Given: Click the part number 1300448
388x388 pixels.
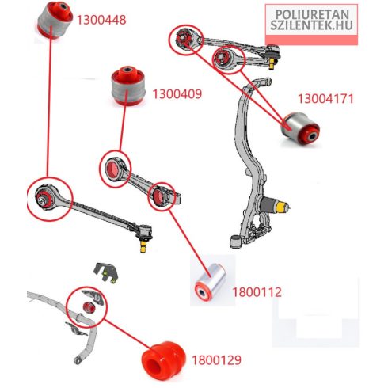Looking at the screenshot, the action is pos(101,20).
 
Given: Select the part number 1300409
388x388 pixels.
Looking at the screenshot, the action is pos(177,94).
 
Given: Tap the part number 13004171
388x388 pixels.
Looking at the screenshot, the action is pos(325,99).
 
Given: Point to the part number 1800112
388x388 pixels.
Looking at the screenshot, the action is pos(257,292).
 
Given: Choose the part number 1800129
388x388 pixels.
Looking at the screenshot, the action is pos(216,360).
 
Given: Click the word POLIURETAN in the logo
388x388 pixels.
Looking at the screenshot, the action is pos(312,14).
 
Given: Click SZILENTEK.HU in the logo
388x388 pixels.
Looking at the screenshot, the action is pos(311,25).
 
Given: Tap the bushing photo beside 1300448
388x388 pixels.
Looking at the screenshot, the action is pos(55,20).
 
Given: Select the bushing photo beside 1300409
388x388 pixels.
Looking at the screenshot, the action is pos(128,86).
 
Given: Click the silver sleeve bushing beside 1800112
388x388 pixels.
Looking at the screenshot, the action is pos(211,282).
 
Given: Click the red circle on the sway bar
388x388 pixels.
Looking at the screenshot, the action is pos(87,307).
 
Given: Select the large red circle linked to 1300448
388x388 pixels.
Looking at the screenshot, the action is pos(50,199).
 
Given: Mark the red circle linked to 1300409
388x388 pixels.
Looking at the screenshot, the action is pos(115,169).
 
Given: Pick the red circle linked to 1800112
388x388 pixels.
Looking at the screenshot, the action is pos(162,196).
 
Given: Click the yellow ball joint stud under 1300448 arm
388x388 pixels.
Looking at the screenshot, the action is pos(143,246).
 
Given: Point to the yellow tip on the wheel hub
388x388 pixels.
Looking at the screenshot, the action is pos(283,207).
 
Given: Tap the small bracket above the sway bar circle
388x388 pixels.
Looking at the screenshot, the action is pos(105,273).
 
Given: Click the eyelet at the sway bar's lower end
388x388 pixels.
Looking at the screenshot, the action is pos(78,360).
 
